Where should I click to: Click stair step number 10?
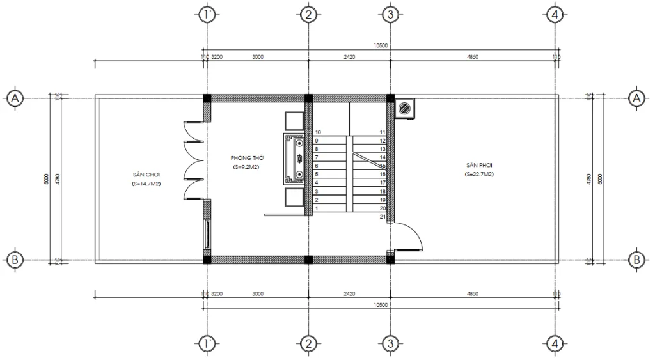pyautogui.click(x=318, y=132)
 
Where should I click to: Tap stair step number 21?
pyautogui.click(x=382, y=217)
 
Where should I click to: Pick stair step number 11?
pyautogui.click(x=382, y=132)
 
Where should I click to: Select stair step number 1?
pyautogui.click(x=316, y=208)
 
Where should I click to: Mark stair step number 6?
pyautogui.click(x=316, y=166)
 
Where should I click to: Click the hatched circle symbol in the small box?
pyautogui.click(x=404, y=109)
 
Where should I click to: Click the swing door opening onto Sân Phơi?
pyautogui.click(x=407, y=237)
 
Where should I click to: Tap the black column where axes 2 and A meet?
pyautogui.click(x=308, y=98)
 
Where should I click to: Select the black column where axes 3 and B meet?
pyautogui.click(x=390, y=259)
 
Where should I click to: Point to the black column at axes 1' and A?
pyautogui.click(x=207, y=98)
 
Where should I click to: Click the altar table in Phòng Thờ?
pyautogui.click(x=297, y=159)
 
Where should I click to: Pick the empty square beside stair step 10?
pyautogui.click(x=294, y=121)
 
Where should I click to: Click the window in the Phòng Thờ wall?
pyautogui.click(x=206, y=235)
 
